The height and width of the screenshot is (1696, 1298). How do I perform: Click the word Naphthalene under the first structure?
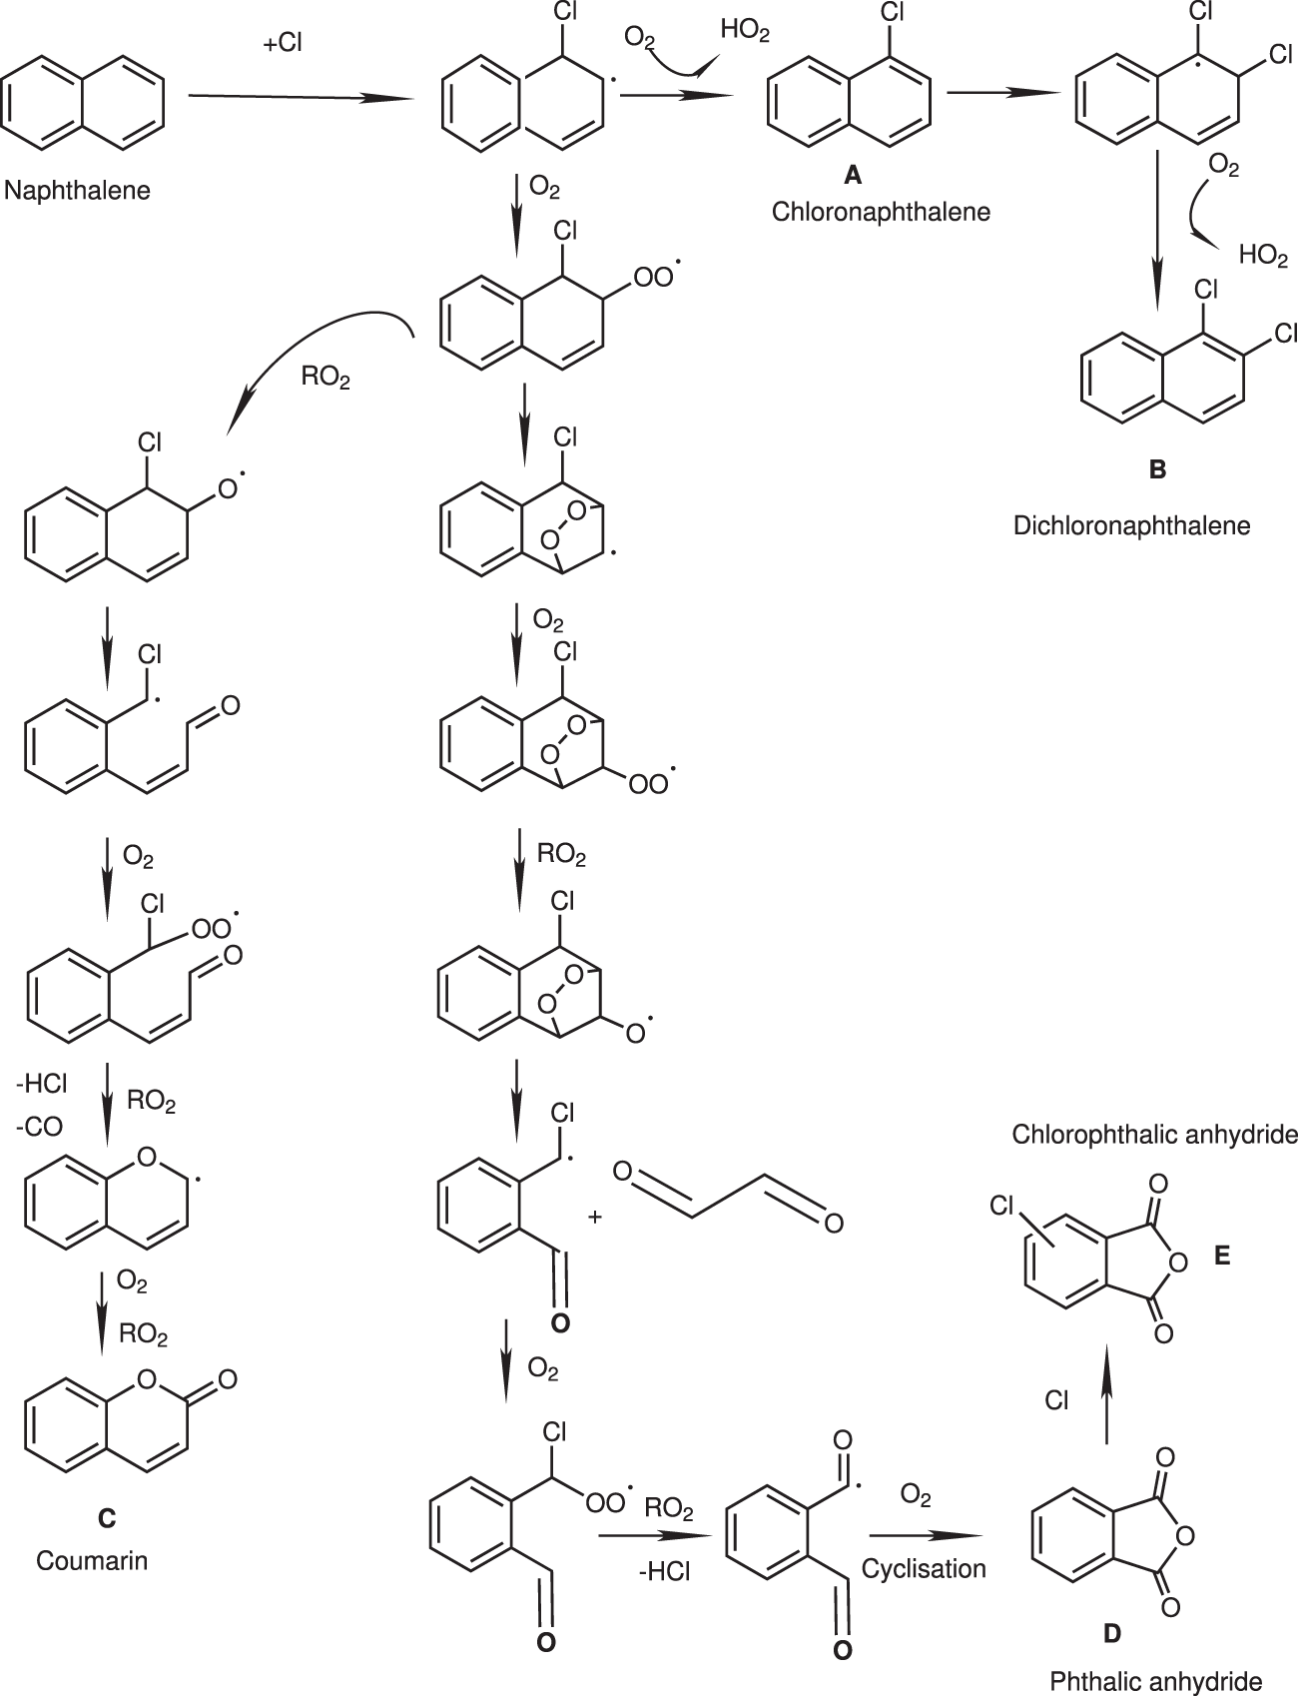pyautogui.click(x=77, y=190)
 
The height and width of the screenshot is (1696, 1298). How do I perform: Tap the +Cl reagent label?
pyautogui.click(x=283, y=45)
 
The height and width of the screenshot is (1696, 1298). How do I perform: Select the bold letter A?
pyautogui.click(x=852, y=176)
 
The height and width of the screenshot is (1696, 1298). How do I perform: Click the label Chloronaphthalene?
pyautogui.click(x=881, y=212)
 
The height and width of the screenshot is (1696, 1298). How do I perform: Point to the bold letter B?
pyautogui.click(x=1157, y=469)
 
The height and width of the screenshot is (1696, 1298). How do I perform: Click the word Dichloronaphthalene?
pyautogui.click(x=1131, y=525)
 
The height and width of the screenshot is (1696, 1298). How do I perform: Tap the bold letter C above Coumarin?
pyautogui.click(x=106, y=1519)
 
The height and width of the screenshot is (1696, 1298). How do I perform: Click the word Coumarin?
pyautogui.click(x=92, y=1559)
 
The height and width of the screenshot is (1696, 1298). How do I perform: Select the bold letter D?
pyautogui.click(x=1111, y=1634)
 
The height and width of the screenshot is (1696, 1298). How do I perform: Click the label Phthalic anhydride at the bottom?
pyautogui.click(x=1155, y=1681)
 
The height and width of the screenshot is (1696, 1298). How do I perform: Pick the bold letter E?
pyautogui.click(x=1222, y=1257)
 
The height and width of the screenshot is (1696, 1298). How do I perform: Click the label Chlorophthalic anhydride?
pyautogui.click(x=1154, y=1135)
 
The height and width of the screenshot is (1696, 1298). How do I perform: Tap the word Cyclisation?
pyautogui.click(x=924, y=1568)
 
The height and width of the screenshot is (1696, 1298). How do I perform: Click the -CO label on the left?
pyautogui.click(x=39, y=1127)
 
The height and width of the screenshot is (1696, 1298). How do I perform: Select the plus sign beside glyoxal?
pyautogui.click(x=596, y=1218)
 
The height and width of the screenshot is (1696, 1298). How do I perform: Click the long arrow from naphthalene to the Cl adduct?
pyautogui.click(x=300, y=97)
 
